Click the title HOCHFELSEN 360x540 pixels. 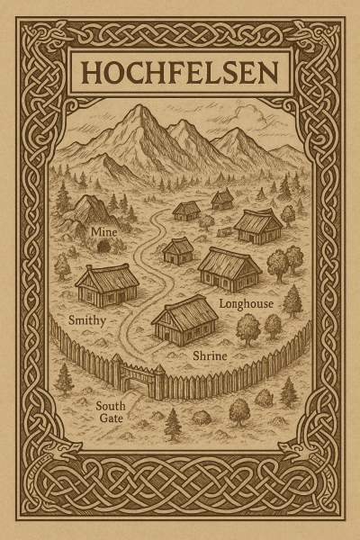[x=180, y=69]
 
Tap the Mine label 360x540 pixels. [x=103, y=232]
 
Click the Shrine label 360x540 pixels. [x=210, y=356]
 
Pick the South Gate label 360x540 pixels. [x=111, y=412]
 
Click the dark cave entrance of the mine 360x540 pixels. [x=103, y=246]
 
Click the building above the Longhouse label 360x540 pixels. [x=229, y=266]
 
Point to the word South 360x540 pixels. [x=110, y=405]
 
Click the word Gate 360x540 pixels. [x=111, y=419]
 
